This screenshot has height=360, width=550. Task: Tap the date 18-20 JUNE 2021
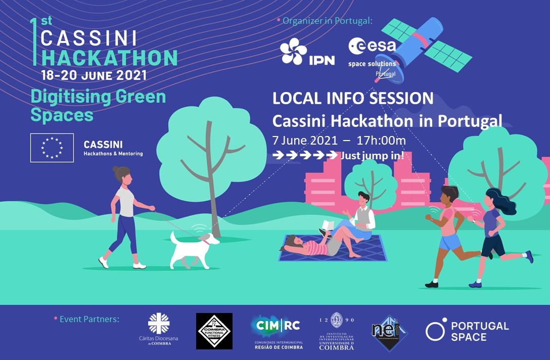click(x=94, y=76)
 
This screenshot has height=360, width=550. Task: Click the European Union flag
click(x=52, y=148)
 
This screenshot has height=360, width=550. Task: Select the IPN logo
click(x=307, y=53)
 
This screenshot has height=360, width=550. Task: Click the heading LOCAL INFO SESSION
click(x=353, y=98)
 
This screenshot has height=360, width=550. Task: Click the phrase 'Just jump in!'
click(x=372, y=156)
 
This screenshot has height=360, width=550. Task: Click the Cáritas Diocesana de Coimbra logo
click(x=159, y=330)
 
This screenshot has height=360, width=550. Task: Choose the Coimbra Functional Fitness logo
click(x=214, y=331)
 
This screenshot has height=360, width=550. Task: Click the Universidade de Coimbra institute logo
click(x=336, y=331)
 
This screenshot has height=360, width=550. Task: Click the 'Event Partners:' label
click(x=89, y=319)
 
